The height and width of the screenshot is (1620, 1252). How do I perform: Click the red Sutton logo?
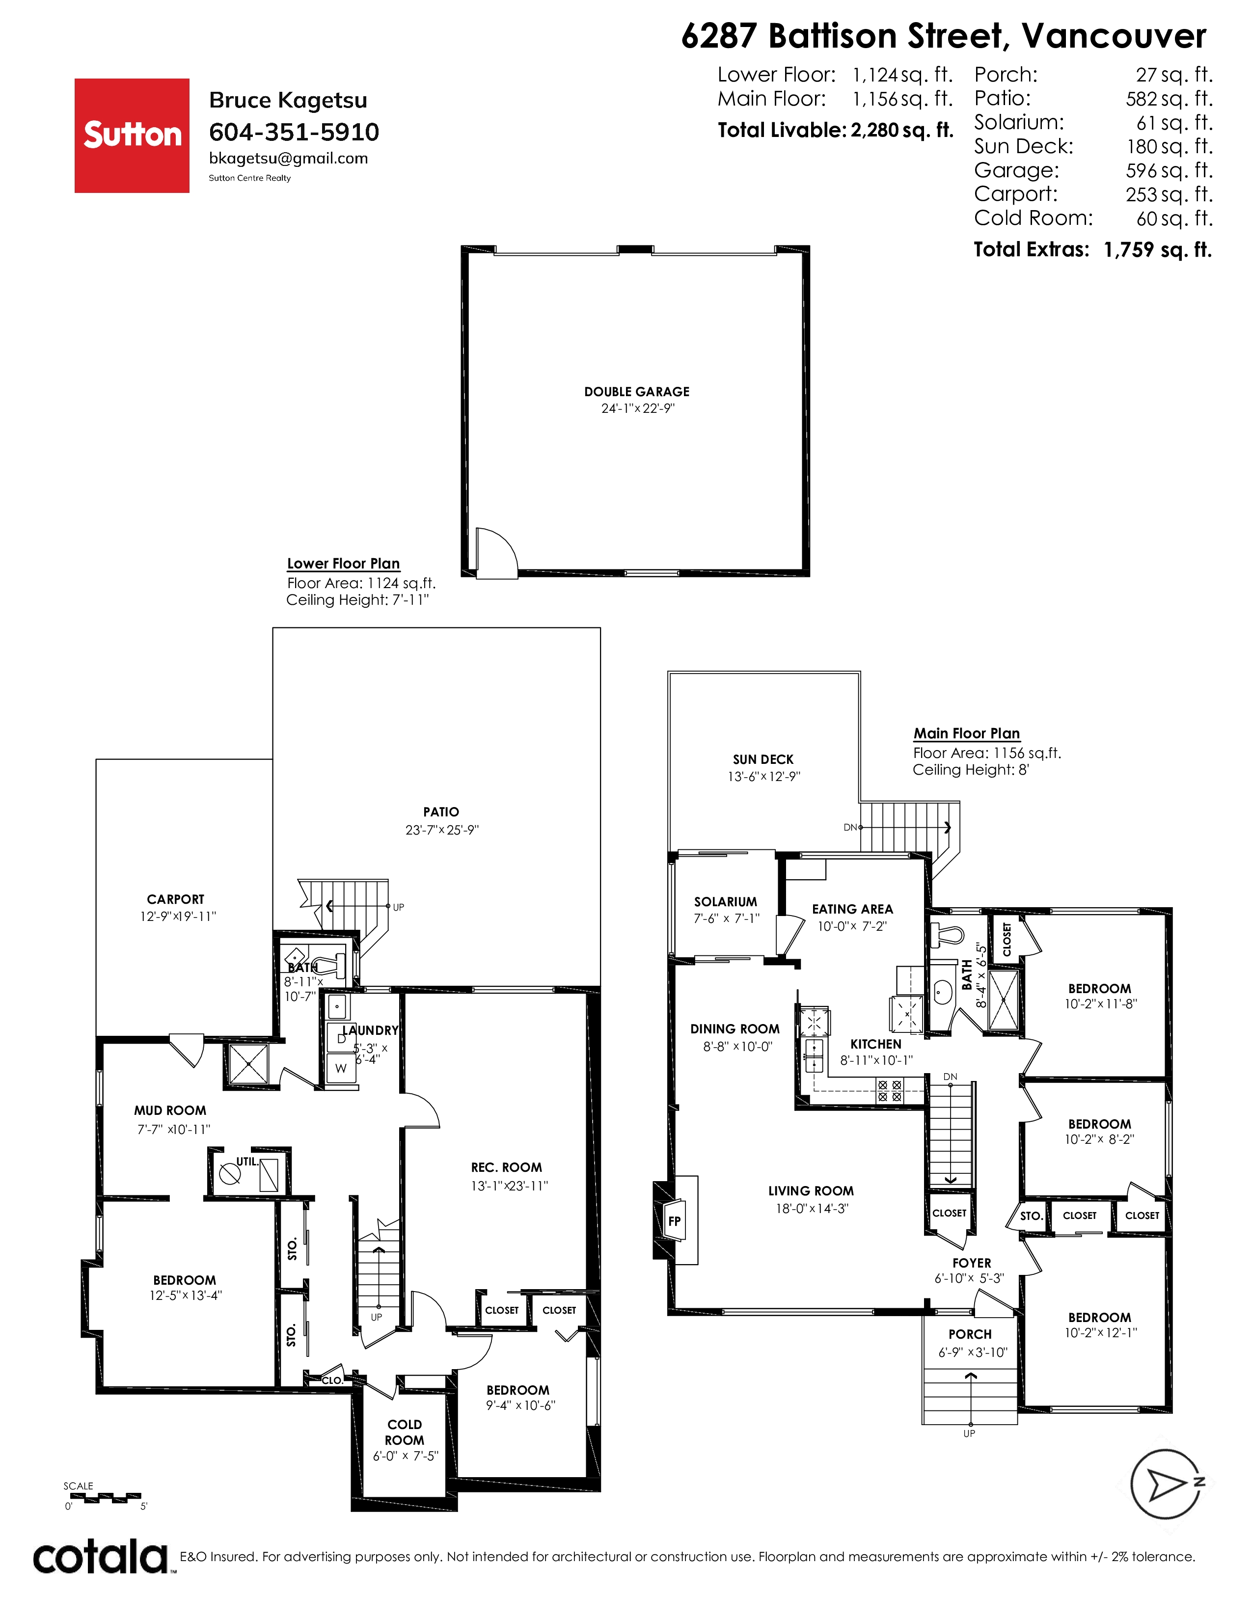pos(132,136)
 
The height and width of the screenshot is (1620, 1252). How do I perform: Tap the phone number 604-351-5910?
pos(294,132)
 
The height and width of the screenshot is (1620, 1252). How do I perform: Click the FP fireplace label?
pos(674,1221)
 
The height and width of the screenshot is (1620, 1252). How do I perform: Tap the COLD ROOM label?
pos(404,1431)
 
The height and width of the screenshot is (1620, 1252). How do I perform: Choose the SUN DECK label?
pos(763,759)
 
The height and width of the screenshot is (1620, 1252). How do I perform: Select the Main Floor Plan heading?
pos(966,733)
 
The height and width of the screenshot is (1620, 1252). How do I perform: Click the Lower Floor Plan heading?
pos(343,564)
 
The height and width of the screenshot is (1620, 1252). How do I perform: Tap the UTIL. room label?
pos(247,1161)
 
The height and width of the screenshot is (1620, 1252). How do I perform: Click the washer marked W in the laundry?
pos(340,1069)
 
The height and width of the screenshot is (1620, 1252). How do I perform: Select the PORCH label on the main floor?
pos(969,1334)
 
